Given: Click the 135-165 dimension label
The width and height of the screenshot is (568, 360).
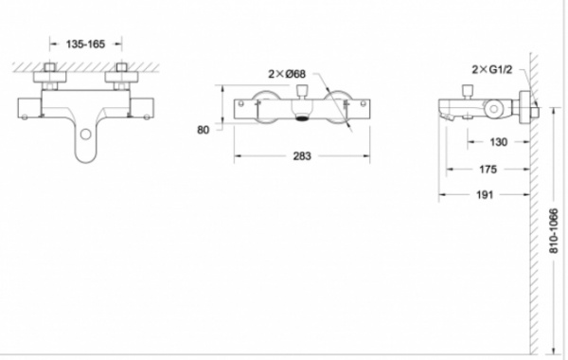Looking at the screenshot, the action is pos(85,45).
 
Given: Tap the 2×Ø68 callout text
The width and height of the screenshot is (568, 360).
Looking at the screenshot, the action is pos(287,74).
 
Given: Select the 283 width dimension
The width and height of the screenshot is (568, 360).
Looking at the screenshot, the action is pos(302,156).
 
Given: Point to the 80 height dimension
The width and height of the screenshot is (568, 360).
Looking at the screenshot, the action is pos(204,130).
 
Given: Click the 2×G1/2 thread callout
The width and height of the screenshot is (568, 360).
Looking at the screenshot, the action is pos(492,69).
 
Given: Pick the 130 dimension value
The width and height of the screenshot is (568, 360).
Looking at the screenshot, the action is pos(499,142).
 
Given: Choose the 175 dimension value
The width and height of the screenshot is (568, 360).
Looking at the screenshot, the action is pos(488,170).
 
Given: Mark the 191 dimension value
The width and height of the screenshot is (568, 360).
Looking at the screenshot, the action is pos(485,195).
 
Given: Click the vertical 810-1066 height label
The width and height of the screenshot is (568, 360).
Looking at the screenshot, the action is pos(554,230).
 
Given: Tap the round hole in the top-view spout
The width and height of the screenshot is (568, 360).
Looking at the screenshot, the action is pos(85,135).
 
